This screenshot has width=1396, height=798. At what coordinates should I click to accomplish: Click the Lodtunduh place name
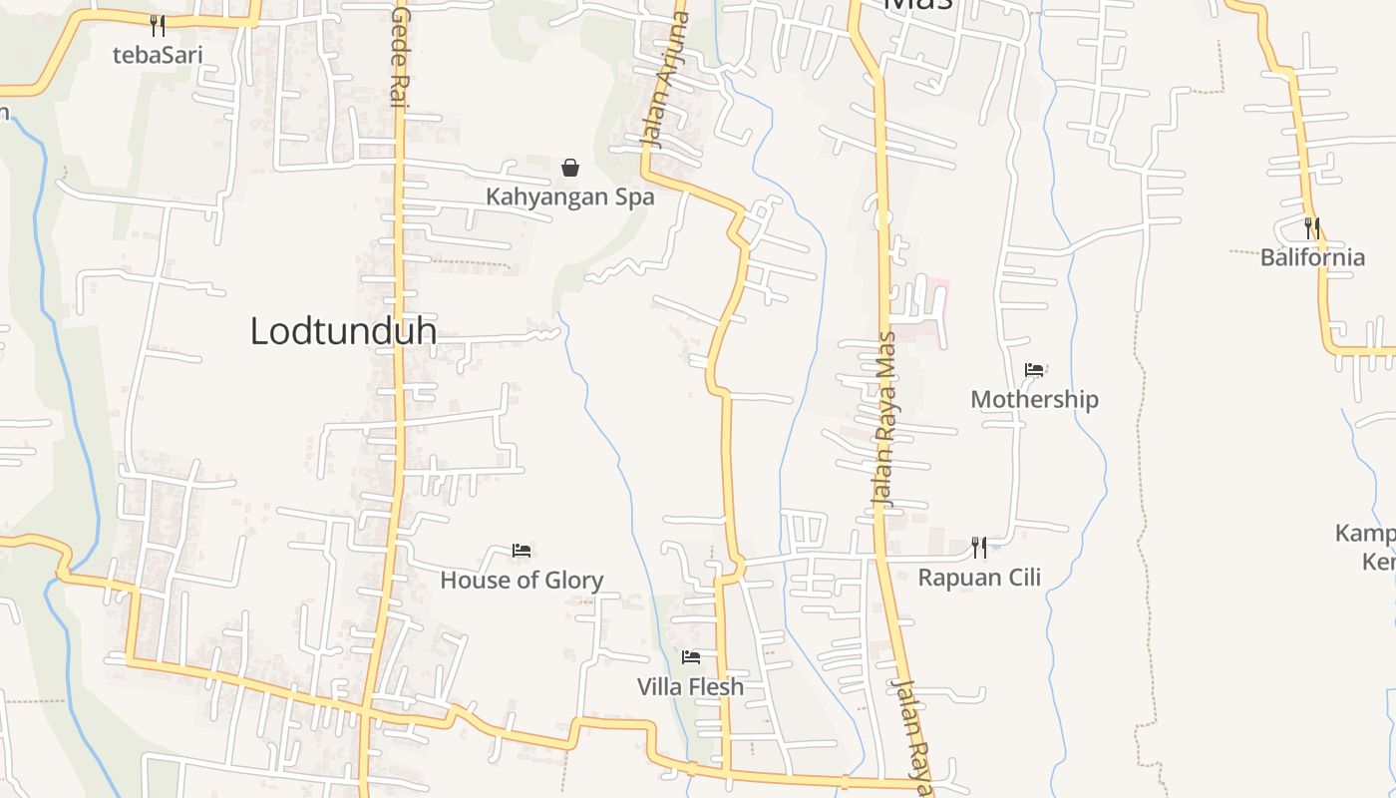[343, 331]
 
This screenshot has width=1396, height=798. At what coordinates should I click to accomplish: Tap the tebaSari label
[157, 55]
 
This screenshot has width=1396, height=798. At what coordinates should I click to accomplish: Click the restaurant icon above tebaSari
[157, 25]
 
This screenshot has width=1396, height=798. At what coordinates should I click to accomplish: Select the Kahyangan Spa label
[569, 197]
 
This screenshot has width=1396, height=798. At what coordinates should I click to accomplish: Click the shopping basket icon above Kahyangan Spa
[570, 167]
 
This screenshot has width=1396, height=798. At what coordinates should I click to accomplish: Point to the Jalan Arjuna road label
[667, 80]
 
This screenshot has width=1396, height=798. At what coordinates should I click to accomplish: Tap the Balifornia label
[1312, 257]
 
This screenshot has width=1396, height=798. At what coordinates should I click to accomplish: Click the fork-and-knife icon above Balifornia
[1312, 227]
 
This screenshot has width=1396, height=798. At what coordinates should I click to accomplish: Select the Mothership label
[1034, 399]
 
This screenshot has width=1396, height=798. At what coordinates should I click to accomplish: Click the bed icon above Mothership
[1034, 370]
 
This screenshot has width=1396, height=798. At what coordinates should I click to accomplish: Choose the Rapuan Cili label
[979, 577]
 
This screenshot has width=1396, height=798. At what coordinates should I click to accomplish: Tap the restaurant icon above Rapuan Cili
[979, 547]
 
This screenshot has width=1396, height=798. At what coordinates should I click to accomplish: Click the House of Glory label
[522, 580]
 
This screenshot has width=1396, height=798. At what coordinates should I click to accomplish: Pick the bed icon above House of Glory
[522, 550]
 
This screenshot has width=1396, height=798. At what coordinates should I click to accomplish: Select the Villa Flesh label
[690, 686]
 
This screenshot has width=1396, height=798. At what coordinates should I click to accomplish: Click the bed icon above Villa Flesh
[690, 657]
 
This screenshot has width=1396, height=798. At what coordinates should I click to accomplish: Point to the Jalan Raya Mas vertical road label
[883, 419]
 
